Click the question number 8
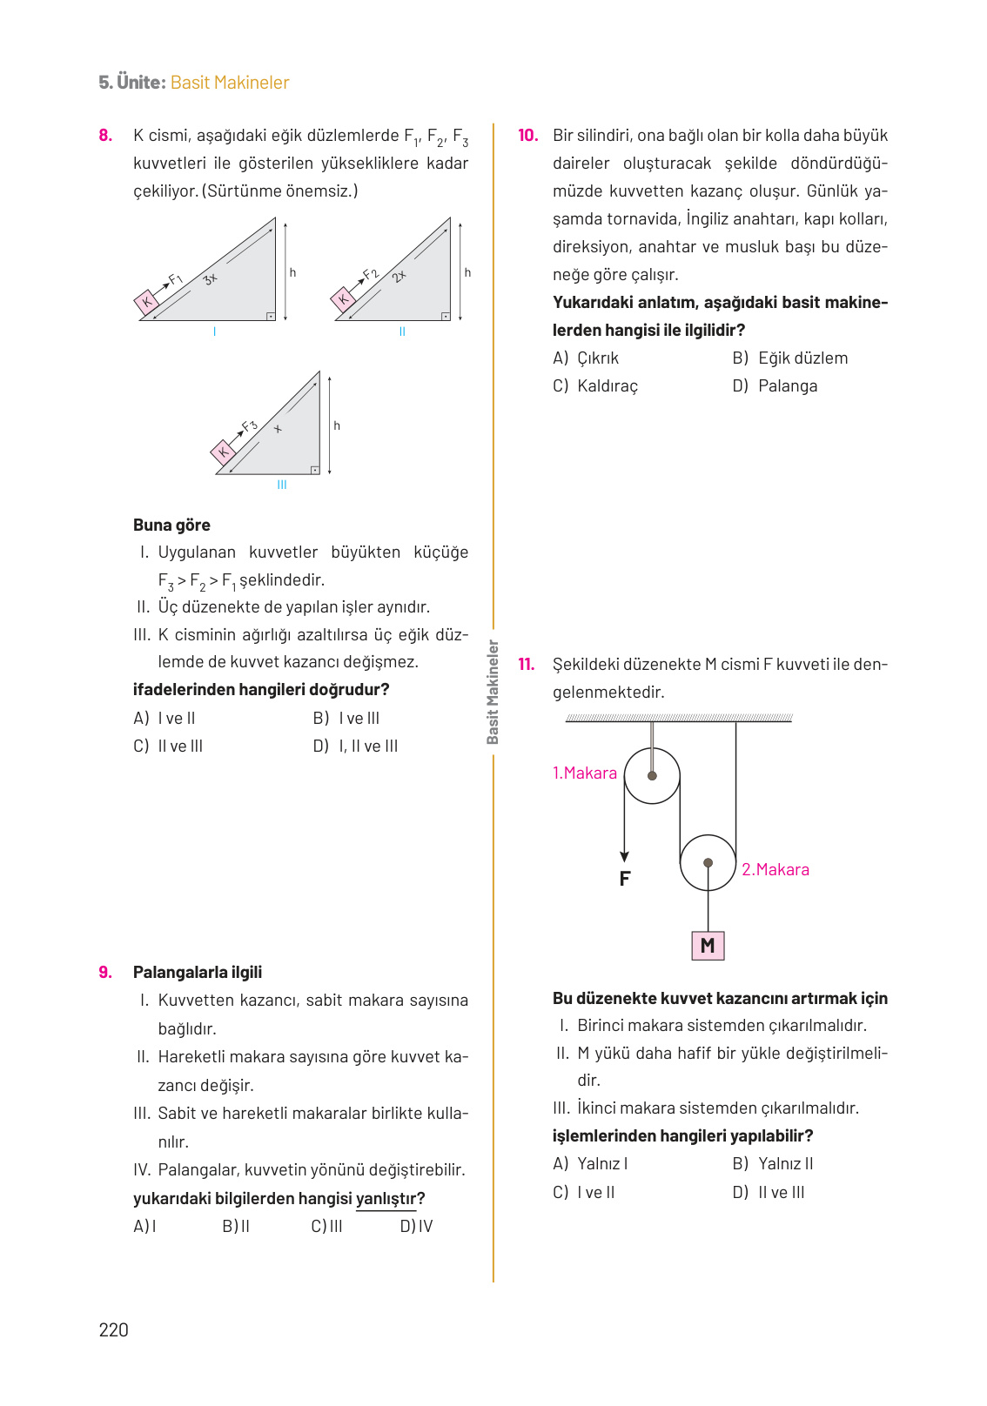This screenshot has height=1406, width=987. click(105, 135)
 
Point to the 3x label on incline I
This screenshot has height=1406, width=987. click(210, 279)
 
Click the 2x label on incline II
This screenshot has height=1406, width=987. click(399, 277)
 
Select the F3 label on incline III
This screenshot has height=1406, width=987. click(250, 426)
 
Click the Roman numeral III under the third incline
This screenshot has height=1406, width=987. click(282, 485)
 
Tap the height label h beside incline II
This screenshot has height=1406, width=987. click(467, 272)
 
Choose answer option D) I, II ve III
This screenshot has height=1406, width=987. click(356, 746)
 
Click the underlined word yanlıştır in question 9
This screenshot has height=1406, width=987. click(386, 1198)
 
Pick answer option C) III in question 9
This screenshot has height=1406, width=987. click(326, 1226)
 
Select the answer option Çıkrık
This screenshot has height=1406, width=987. click(587, 358)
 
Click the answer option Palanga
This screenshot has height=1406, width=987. click(775, 385)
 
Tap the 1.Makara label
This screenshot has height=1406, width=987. click(584, 773)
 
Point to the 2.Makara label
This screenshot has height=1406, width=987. click(775, 869)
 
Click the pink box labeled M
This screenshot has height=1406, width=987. click(708, 946)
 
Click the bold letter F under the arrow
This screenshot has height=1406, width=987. click(624, 879)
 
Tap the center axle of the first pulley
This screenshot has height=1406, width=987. click(652, 775)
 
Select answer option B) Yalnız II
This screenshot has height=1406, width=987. click(773, 1163)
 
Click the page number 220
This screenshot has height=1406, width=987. click(113, 1329)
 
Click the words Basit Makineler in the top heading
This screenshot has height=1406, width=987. click(230, 83)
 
